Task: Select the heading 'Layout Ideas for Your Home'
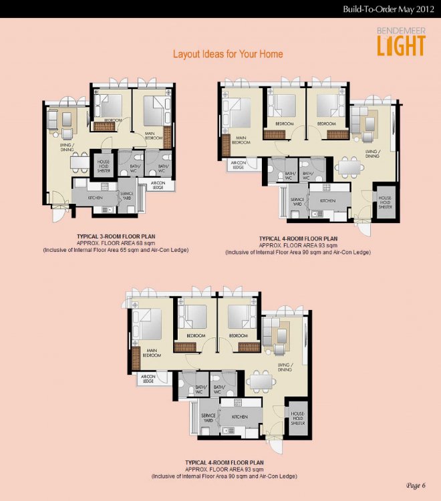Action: pos(228,54)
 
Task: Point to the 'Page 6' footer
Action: pos(415,485)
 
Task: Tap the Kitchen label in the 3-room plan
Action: pos(94,197)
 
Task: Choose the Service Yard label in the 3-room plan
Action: pos(127,196)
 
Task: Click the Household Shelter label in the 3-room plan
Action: pos(104,165)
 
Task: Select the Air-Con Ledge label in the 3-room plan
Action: pos(158,186)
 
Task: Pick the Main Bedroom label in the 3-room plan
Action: pos(155,136)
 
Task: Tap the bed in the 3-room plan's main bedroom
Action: pos(157,107)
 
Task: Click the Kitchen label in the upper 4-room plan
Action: pos(327,200)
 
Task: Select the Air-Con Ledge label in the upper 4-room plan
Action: pos(237,165)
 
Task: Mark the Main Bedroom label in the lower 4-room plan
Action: pos(152,353)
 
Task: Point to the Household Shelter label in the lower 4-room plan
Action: pos(298,418)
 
